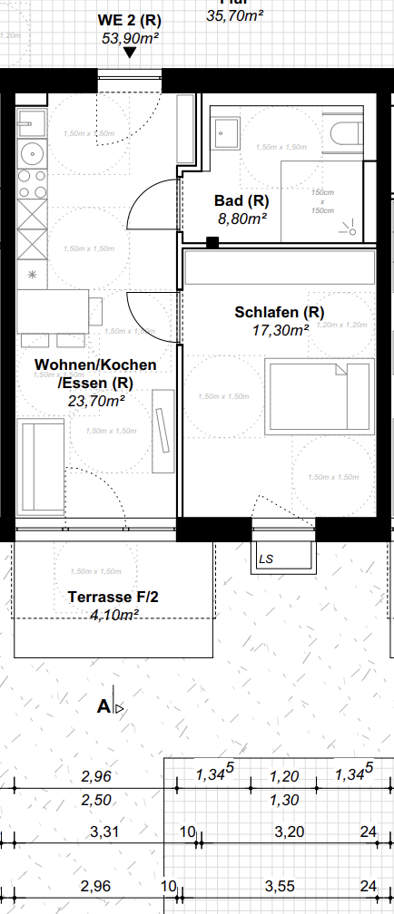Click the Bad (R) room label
tap(241, 200)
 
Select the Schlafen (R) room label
tap(279, 312)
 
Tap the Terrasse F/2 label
tap(113, 597)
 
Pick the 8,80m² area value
tap(241, 218)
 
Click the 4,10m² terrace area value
tap(113, 615)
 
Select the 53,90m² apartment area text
tap(129, 37)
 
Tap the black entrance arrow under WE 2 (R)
tap(130, 53)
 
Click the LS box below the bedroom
tap(267, 559)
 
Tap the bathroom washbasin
tap(224, 134)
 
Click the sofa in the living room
tap(38, 468)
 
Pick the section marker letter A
tap(103, 706)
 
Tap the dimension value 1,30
tap(285, 801)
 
